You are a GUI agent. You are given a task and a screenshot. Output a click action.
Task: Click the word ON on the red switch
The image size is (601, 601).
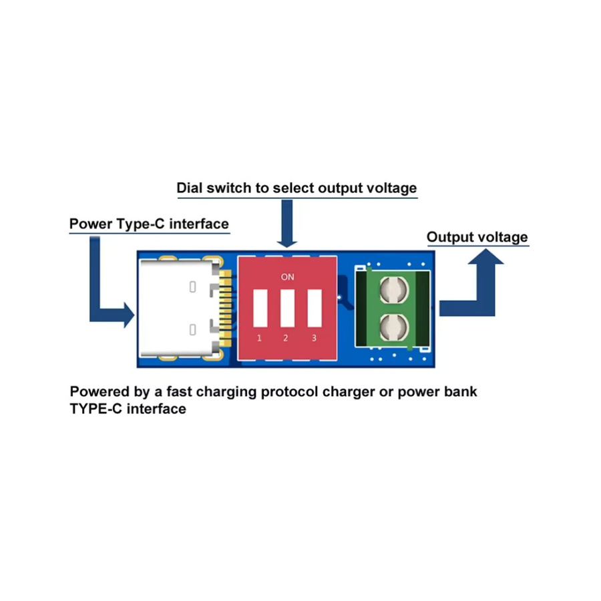point(287,276)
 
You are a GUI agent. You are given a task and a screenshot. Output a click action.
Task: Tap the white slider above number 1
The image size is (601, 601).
point(260,308)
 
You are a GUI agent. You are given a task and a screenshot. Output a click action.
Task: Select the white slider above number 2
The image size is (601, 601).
point(287,308)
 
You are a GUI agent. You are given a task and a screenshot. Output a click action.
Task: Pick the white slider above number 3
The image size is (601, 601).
point(315,308)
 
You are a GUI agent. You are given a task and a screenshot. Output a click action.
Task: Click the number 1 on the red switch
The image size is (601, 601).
point(260,338)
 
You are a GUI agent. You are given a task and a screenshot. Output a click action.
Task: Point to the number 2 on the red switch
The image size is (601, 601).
point(286,338)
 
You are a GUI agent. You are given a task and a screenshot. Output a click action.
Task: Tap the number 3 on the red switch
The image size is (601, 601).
point(314,338)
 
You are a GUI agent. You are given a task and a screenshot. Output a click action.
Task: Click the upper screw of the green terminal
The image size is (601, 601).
point(394,290)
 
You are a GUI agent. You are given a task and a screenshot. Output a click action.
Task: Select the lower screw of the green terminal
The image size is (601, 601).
point(394,327)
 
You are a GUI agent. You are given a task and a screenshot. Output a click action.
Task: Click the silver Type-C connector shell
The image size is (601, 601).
point(177,308)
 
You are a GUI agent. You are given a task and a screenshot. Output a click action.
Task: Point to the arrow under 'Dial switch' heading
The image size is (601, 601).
point(286,224)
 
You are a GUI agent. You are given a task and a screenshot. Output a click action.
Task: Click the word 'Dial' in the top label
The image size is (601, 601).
point(190,188)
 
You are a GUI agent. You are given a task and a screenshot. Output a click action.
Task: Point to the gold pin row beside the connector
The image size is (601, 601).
point(226,308)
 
